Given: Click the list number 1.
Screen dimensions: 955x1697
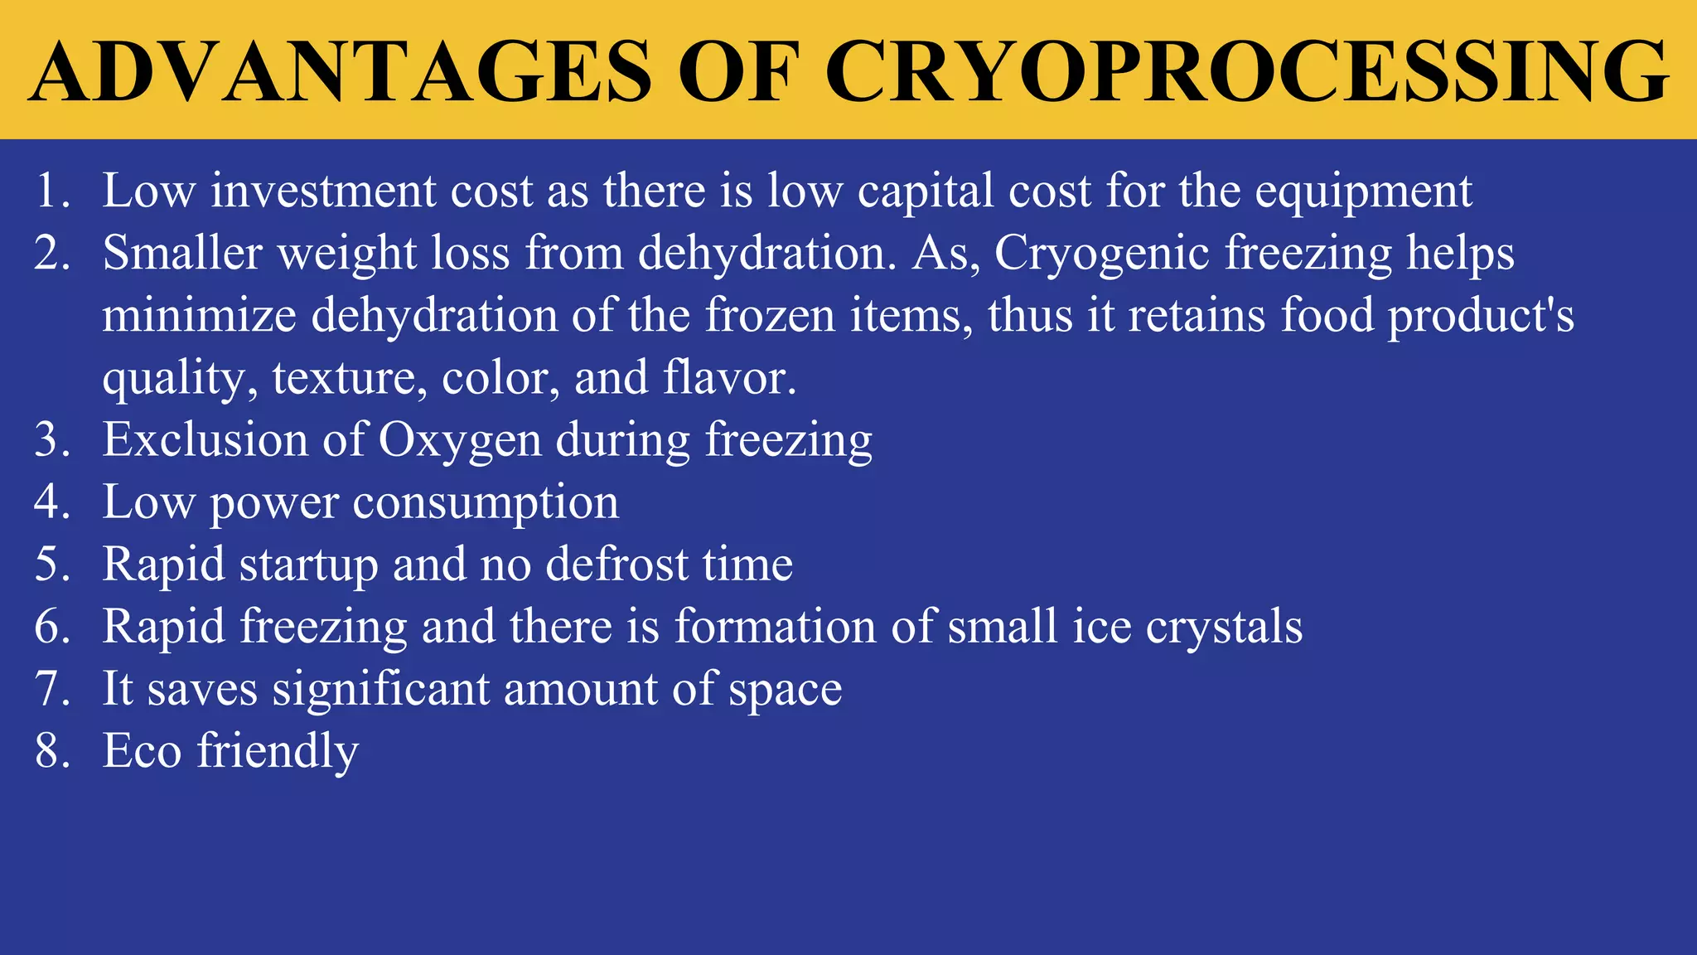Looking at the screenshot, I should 51,191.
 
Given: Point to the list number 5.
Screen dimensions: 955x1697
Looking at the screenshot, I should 51,565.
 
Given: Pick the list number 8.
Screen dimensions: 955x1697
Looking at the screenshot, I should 51,751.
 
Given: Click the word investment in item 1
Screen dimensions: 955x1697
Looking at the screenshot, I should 323,191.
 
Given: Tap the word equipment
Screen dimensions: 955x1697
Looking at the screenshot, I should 1363,192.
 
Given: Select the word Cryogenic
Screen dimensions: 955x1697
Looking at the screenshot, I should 1102,254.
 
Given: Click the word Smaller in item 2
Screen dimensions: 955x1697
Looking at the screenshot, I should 182,253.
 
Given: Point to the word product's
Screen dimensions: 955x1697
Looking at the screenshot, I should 1482,317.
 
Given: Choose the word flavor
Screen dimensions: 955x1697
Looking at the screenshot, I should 729,378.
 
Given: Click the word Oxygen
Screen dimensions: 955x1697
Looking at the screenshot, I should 460,441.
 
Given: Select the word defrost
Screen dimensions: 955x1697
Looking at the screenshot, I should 617,565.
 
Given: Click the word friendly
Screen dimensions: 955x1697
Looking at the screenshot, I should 278,752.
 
